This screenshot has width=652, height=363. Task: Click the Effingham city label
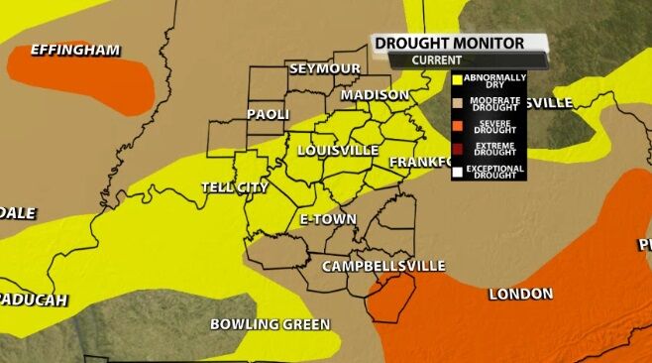[x=75, y=50]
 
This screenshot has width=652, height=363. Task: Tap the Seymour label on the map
[x=324, y=68]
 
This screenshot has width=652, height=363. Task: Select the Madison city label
[x=375, y=95]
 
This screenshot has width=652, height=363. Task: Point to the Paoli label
[x=267, y=114]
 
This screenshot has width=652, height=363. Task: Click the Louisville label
[x=338, y=150]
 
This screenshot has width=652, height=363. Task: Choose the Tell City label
[x=235, y=186]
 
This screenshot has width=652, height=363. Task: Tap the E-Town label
[x=328, y=218]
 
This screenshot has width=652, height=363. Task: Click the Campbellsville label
[x=382, y=266]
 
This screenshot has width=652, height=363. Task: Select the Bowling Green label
[x=270, y=324]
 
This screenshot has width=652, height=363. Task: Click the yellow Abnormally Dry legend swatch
[x=457, y=79]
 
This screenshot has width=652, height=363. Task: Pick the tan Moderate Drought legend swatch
[x=457, y=102]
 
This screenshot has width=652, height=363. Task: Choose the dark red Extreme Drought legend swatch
[x=457, y=149]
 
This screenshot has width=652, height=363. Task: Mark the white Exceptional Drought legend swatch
[x=457, y=172]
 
